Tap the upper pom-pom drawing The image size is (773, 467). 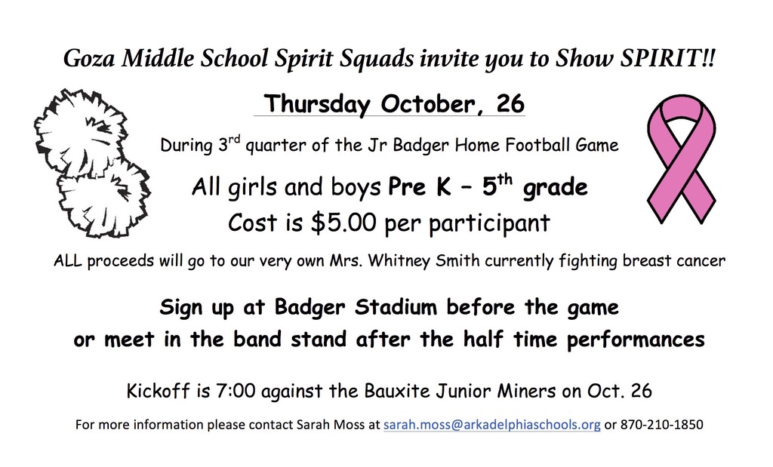pyautogui.click(x=80, y=133)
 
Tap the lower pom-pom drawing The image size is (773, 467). pyautogui.click(x=103, y=198)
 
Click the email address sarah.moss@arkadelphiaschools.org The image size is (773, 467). pyautogui.click(x=491, y=425)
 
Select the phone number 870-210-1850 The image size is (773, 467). pyautogui.click(x=661, y=425)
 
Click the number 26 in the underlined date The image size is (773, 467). pyautogui.click(x=510, y=104)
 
